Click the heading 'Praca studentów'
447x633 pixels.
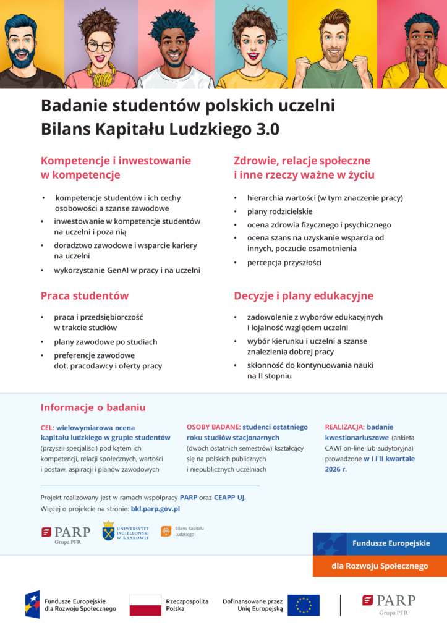(x=85, y=296)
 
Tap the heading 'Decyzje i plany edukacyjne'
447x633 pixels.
(x=304, y=296)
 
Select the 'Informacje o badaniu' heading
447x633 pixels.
(x=93, y=407)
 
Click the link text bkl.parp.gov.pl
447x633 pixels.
(x=155, y=508)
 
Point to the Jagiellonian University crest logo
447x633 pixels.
(x=109, y=530)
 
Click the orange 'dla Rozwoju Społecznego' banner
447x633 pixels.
(x=379, y=566)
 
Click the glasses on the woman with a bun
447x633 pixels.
(x=100, y=46)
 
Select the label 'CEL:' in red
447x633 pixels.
(x=48, y=427)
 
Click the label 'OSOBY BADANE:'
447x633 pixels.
(x=213, y=427)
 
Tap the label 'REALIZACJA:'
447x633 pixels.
(x=344, y=427)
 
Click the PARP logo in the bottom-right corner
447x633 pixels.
(x=388, y=604)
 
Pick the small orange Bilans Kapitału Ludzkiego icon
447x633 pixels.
(x=166, y=531)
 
